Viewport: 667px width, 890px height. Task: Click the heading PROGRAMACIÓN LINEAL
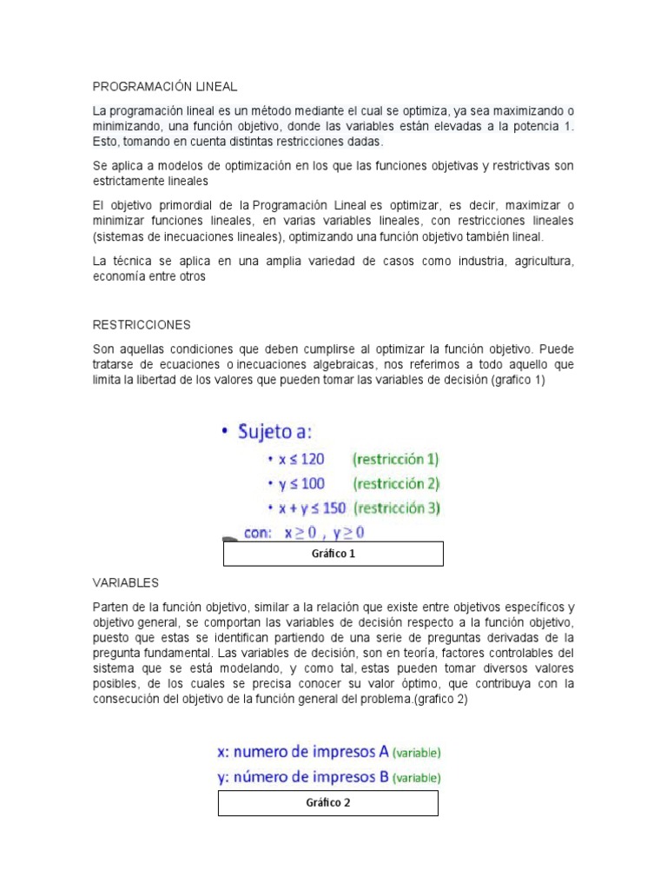(x=164, y=87)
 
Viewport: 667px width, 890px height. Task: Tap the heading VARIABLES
(x=125, y=581)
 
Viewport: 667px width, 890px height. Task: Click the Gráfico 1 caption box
(x=333, y=554)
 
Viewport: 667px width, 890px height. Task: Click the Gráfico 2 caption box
(x=327, y=803)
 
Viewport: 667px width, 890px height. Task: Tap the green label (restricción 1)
(x=396, y=460)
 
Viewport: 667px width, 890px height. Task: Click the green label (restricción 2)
(x=396, y=484)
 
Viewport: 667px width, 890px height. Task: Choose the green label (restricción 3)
(x=399, y=508)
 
